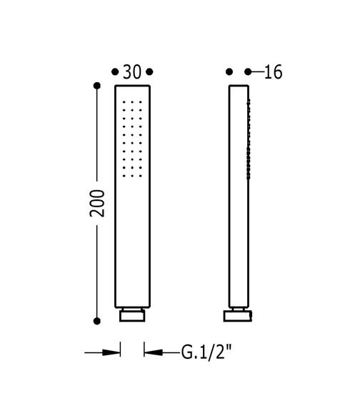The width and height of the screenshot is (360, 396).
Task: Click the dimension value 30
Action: coord(132,72)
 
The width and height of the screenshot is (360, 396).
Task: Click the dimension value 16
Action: coord(273,72)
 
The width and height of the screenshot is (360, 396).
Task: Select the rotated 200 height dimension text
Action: coord(97,203)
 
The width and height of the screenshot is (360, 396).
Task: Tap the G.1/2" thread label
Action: coord(206,352)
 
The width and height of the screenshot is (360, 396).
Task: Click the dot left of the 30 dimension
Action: coord(115,72)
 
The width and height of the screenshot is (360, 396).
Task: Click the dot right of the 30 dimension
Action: coord(149,72)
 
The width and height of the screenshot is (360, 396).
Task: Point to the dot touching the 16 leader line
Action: coord(248,72)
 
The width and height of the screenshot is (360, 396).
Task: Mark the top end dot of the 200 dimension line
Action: coord(97,86)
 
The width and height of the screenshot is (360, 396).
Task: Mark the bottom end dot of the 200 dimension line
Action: coord(97,321)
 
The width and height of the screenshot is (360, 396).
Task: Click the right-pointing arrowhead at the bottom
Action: coord(111,352)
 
